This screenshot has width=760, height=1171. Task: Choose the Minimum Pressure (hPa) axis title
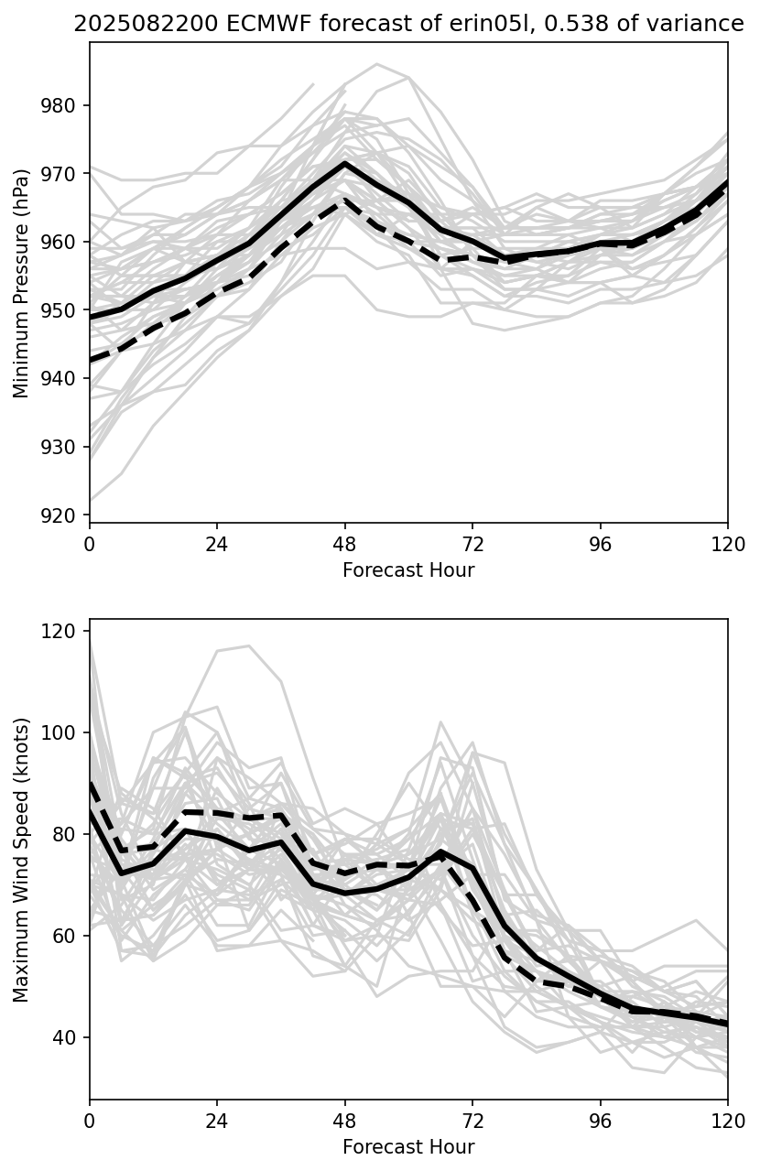pyautogui.click(x=22, y=282)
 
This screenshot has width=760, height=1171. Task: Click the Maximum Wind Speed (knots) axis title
pyautogui.click(x=22, y=859)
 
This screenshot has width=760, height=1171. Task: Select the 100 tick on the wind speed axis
pyautogui.click(x=69, y=732)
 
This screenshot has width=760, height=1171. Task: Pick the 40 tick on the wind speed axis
pyautogui.click(x=72, y=1037)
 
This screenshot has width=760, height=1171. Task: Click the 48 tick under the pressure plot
pyautogui.click(x=344, y=544)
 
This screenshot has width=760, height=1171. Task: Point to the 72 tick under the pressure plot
pyautogui.click(x=472, y=544)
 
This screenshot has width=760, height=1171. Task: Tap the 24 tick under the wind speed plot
pyautogui.click(x=217, y=1121)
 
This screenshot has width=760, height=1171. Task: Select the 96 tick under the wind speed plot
pyautogui.click(x=601, y=1121)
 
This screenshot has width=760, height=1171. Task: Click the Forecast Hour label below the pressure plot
pyautogui.click(x=408, y=570)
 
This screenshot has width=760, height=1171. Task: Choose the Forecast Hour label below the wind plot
pyautogui.click(x=408, y=1147)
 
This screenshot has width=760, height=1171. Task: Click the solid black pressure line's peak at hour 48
pyautogui.click(x=344, y=163)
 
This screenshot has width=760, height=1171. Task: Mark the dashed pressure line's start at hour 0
pyautogui.click(x=91, y=361)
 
